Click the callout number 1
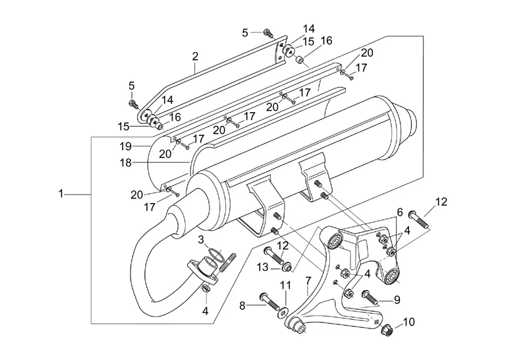point(61,194)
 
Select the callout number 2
point(195,57)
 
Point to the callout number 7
point(308,282)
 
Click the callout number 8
point(242,305)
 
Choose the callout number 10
point(408,322)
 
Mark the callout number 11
point(285,285)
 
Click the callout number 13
point(262,266)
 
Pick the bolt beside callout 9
point(368,296)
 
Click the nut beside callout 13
point(288,266)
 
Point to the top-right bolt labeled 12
point(419,218)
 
